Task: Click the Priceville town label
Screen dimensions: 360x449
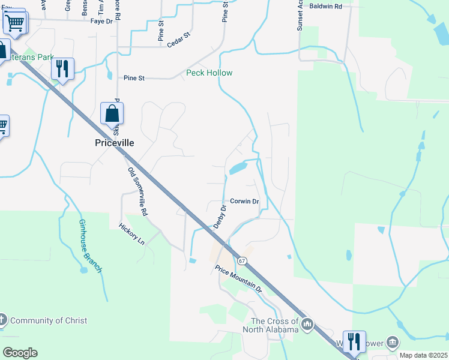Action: (x=115, y=143)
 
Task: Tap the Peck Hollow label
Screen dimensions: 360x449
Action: (x=209, y=73)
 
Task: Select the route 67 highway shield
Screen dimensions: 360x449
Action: (x=242, y=261)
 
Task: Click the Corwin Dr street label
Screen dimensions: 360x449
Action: (x=244, y=202)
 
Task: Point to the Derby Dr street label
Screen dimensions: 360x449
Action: (x=220, y=217)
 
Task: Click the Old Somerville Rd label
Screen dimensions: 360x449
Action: (x=137, y=191)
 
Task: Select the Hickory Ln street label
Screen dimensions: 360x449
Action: (x=132, y=233)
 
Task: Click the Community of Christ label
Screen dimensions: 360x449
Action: (x=49, y=320)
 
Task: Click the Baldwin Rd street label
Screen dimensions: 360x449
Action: (x=325, y=7)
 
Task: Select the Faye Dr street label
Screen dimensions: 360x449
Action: (x=101, y=22)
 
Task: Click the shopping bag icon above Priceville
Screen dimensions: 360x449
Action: (x=112, y=113)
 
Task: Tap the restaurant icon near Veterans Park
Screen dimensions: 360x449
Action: (x=62, y=68)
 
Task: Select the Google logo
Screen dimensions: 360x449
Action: (x=20, y=353)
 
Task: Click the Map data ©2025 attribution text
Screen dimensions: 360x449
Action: (x=423, y=356)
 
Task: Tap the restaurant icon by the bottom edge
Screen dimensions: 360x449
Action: (x=355, y=342)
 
